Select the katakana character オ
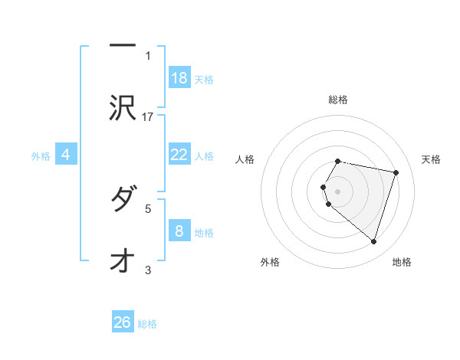pos(120,261)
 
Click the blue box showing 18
pos(179,78)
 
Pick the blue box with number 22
pos(179,155)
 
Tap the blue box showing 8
pos(179,231)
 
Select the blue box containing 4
pos(66,155)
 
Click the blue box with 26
pos(123,322)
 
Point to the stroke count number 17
pos(148,116)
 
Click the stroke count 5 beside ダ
pos(148,208)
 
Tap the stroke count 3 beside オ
pos(148,270)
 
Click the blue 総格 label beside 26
pos(147,324)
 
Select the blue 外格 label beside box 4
pos(41,156)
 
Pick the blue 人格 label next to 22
pos(205,156)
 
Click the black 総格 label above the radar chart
pos(338,100)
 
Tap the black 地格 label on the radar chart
pos(402,262)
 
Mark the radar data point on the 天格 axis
pos(396,173)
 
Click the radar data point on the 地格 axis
pos(373,241)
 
